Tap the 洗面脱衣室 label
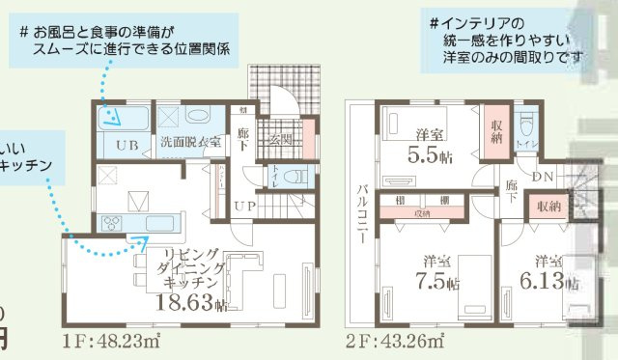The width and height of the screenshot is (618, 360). [191, 144]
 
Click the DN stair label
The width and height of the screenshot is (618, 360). [543, 176]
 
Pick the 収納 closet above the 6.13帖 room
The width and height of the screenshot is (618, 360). [548, 207]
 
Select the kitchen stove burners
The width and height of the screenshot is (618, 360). [112, 224]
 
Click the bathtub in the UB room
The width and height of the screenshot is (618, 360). [123, 120]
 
